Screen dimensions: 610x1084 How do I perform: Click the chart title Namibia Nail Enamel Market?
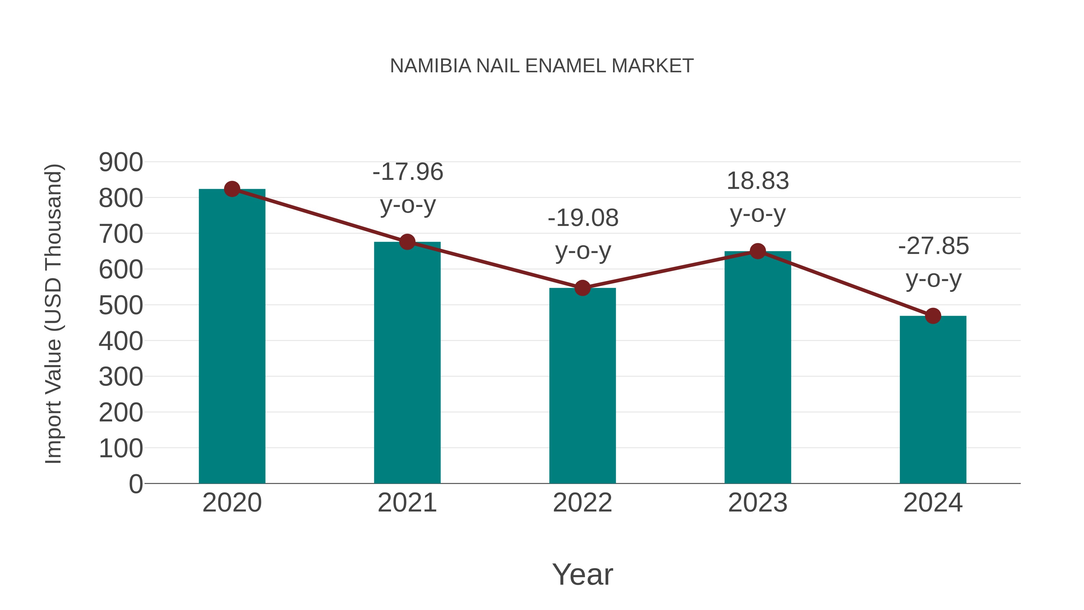(542, 66)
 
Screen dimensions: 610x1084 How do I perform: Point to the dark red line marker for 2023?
(758, 251)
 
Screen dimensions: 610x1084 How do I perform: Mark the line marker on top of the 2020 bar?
(232, 189)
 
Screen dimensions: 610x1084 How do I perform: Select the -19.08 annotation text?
(583, 218)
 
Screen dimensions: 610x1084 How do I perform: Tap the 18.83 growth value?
(758, 181)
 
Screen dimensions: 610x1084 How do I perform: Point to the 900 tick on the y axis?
(121, 162)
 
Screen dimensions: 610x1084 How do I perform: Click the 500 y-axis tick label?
(121, 306)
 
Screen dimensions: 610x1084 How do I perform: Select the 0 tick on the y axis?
(136, 484)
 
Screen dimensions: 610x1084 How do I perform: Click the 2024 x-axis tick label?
(933, 503)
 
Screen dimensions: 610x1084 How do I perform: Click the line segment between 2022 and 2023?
(670, 270)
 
